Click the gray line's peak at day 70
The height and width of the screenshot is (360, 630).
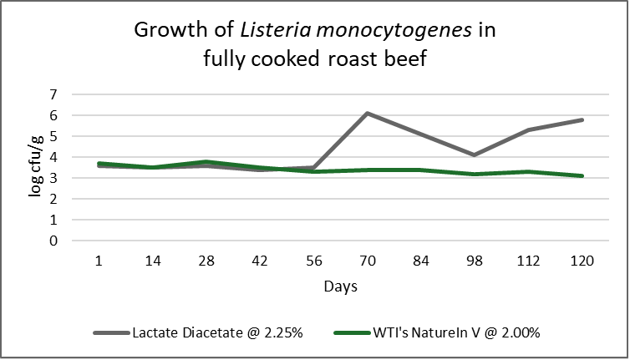(x=368, y=114)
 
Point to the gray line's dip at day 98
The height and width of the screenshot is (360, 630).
(x=475, y=155)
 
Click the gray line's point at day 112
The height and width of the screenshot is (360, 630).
(x=528, y=129)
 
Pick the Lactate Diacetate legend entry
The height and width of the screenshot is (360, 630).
(x=198, y=332)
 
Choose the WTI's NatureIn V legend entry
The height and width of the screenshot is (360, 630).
(x=437, y=332)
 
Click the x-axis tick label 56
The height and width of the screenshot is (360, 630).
(x=314, y=261)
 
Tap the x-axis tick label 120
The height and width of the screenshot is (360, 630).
(x=582, y=261)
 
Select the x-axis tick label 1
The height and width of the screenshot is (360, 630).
(x=99, y=261)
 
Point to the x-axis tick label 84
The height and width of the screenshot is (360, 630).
(x=421, y=261)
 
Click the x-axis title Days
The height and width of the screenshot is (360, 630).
(x=341, y=286)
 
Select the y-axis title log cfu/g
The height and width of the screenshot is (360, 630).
(x=35, y=166)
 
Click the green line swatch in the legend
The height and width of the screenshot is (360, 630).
(x=352, y=332)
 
